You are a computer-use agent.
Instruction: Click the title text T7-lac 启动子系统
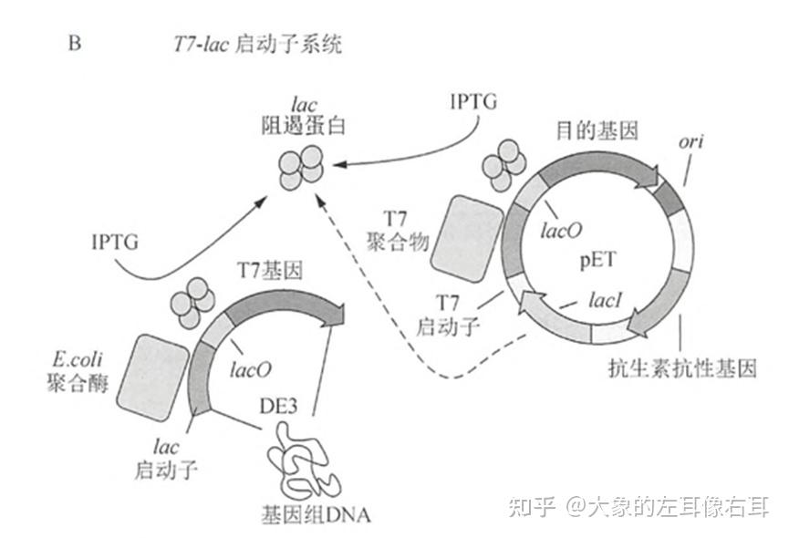[256, 44]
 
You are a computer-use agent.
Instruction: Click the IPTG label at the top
[473, 101]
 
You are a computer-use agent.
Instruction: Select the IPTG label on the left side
[116, 242]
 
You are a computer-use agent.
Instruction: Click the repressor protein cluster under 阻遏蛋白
[300, 167]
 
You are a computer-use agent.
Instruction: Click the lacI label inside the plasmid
[606, 298]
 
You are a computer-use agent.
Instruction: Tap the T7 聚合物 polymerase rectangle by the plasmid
[468, 236]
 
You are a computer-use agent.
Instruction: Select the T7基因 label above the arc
[270, 270]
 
